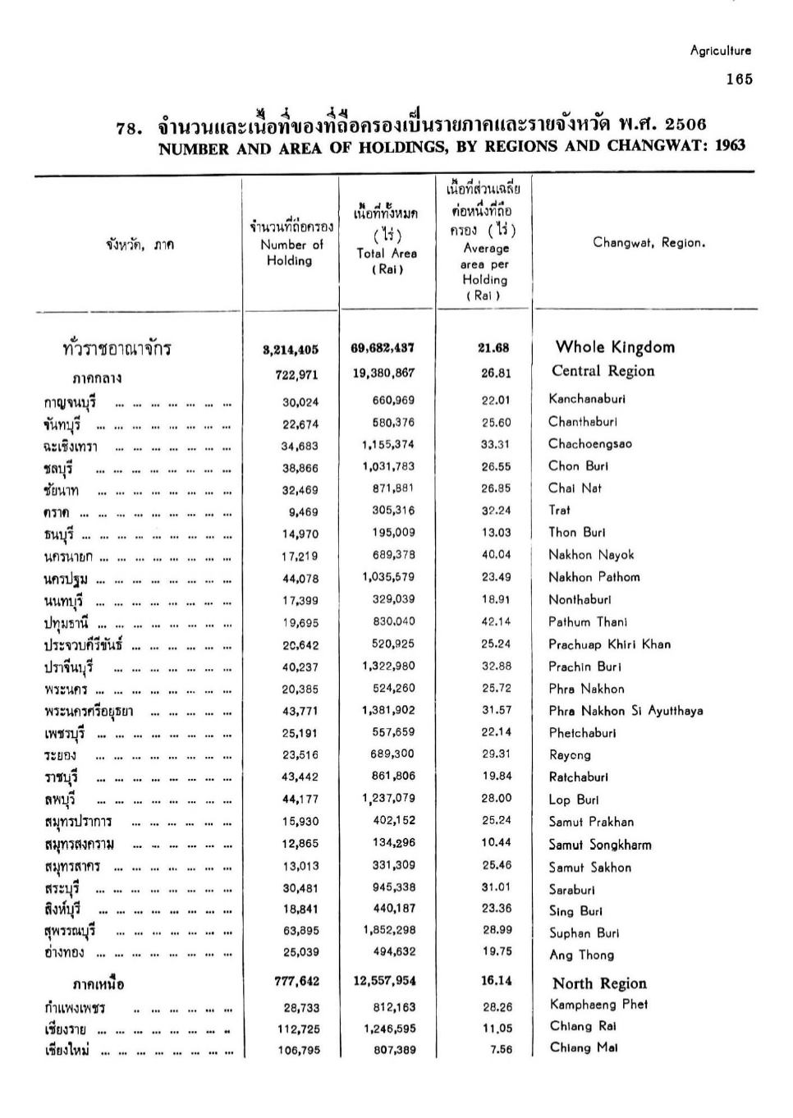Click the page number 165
tap(739, 80)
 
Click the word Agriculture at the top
tap(720, 51)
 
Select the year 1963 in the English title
tap(730, 146)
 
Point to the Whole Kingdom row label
tap(615, 347)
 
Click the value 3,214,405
tap(291, 350)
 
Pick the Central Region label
tap(603, 371)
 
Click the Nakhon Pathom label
tap(594, 577)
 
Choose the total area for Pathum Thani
tap(388, 622)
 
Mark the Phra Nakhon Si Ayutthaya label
tap(626, 711)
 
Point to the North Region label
tap(599, 983)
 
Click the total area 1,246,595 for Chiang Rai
tap(388, 1029)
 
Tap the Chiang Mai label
tap(584, 1047)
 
